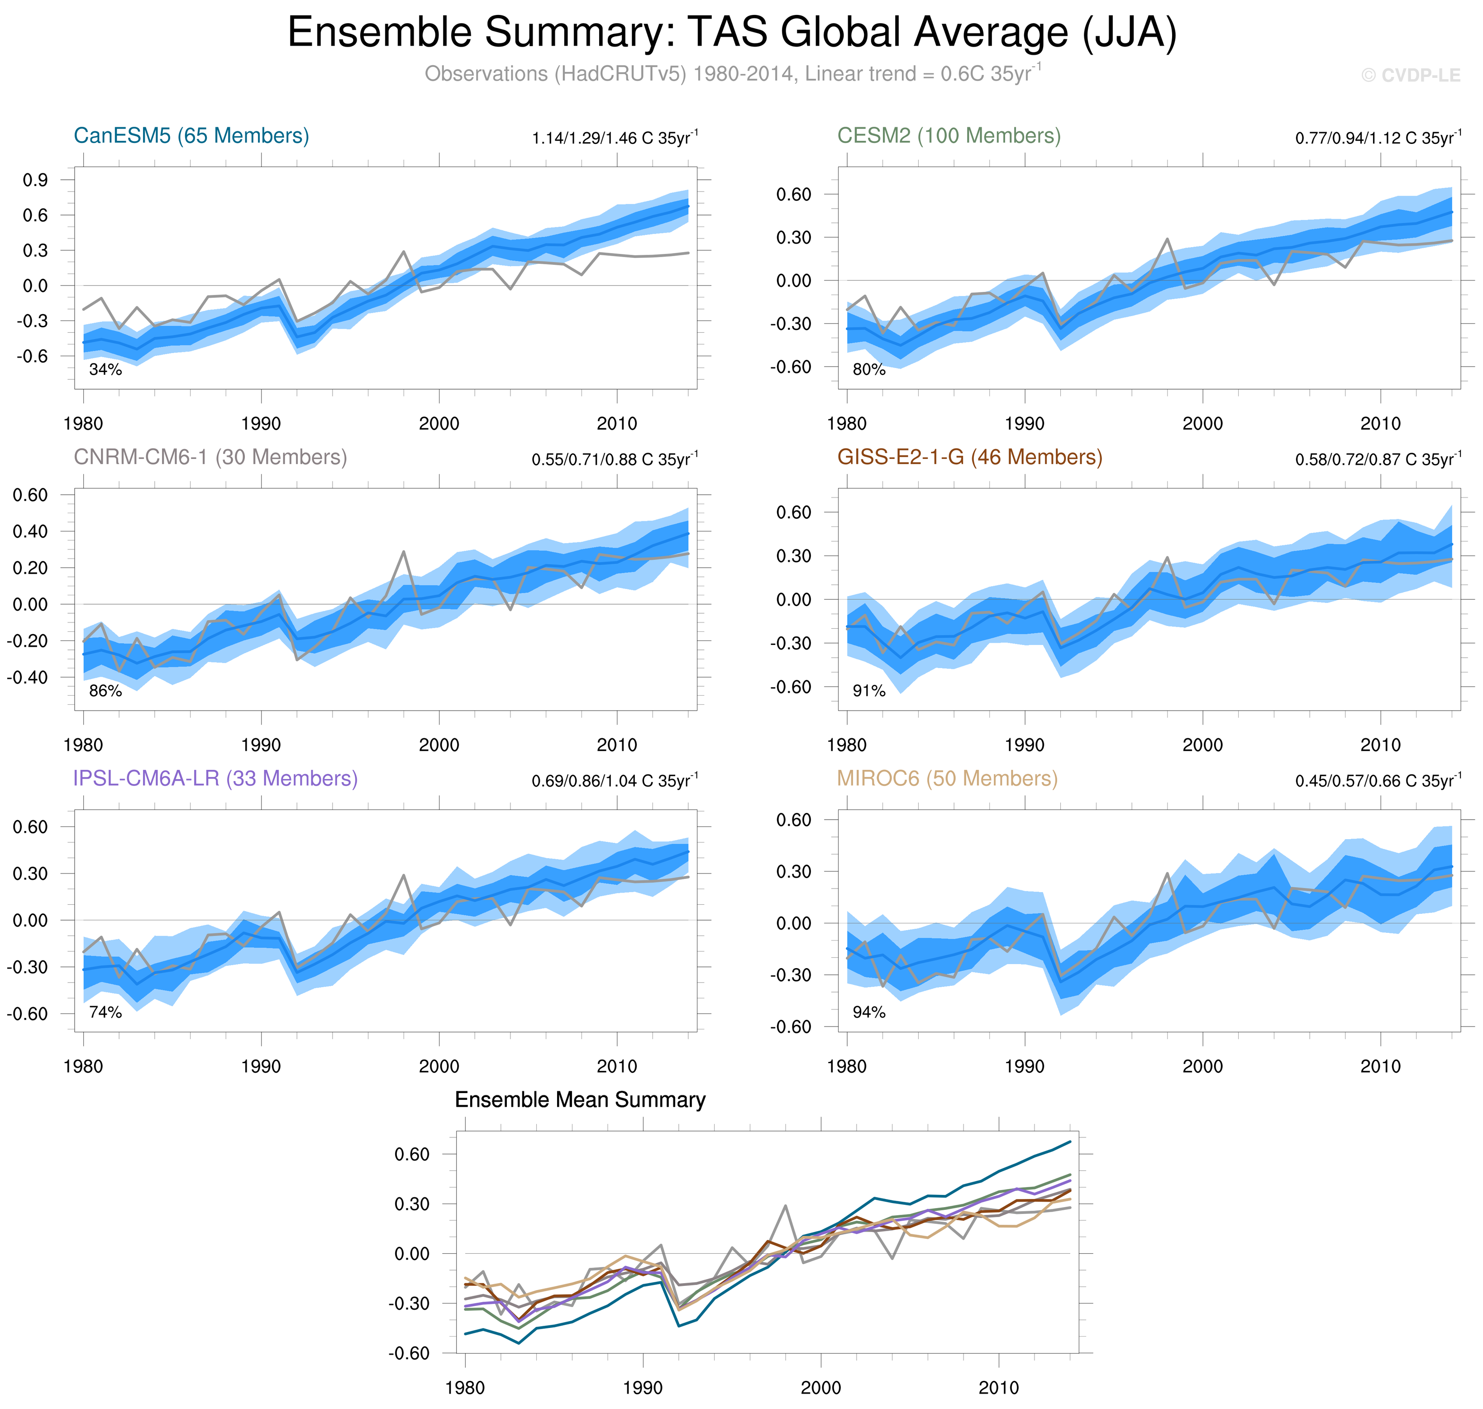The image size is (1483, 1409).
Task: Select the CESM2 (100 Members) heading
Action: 949,136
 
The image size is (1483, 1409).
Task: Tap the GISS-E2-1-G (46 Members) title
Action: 969,458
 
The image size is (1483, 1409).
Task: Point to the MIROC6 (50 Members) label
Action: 947,779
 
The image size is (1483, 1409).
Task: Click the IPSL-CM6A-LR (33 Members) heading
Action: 215,779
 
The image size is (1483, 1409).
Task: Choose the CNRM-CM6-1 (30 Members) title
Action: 210,458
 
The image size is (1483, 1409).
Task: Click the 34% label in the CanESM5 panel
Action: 105,369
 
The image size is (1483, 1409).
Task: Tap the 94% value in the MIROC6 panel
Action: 869,1013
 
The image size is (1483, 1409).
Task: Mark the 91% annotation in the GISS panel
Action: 869,691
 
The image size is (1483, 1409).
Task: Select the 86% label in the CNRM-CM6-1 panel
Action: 105,691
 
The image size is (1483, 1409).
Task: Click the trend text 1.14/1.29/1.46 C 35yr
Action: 614,138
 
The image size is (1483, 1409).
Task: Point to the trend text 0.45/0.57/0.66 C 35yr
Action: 1378,781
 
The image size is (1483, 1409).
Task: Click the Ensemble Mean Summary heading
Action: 580,1100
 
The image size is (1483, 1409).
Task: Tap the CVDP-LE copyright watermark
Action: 1410,76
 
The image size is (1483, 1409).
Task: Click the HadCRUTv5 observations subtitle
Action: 732,74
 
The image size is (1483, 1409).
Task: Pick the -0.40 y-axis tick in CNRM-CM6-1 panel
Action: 27,678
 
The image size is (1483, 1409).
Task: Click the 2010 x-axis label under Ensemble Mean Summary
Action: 998,1388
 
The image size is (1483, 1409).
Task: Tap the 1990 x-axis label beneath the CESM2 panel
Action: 1024,424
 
